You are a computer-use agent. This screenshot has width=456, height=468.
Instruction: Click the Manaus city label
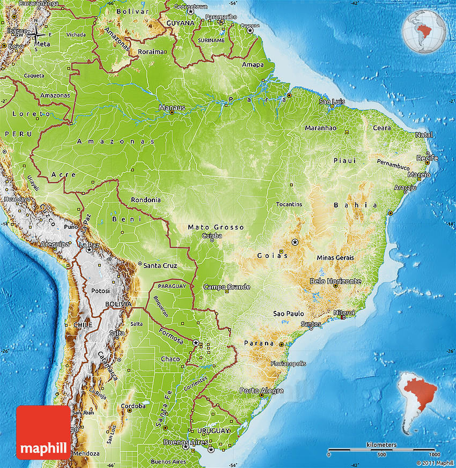coord(172,108)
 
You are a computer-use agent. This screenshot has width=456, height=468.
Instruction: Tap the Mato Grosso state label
coord(216,227)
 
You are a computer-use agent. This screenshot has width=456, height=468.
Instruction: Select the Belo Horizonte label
coord(335,281)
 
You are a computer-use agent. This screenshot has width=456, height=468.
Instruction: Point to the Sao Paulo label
coord(289,314)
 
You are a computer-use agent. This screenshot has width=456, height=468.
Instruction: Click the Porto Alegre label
coord(261,390)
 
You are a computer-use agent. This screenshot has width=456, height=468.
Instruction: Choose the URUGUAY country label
coord(212,430)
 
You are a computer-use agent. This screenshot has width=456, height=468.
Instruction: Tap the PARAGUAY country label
coord(172,286)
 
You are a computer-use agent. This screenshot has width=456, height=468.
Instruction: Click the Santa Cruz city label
coord(159,265)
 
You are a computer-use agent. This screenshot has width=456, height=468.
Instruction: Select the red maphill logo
coord(43,432)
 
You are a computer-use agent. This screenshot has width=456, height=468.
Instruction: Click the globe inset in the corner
coord(424,31)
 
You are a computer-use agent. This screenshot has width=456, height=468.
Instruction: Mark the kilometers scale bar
coord(381,449)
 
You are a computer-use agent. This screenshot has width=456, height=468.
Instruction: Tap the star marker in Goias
coord(295,242)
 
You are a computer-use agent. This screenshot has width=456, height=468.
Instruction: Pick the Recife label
coord(428,158)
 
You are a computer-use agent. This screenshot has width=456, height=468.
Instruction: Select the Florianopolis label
coord(289,363)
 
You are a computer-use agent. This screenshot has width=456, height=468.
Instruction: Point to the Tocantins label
coord(289,204)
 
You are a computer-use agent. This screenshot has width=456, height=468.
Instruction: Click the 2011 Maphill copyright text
coord(435,463)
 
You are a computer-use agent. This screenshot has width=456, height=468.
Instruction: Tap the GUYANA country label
coord(179,24)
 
